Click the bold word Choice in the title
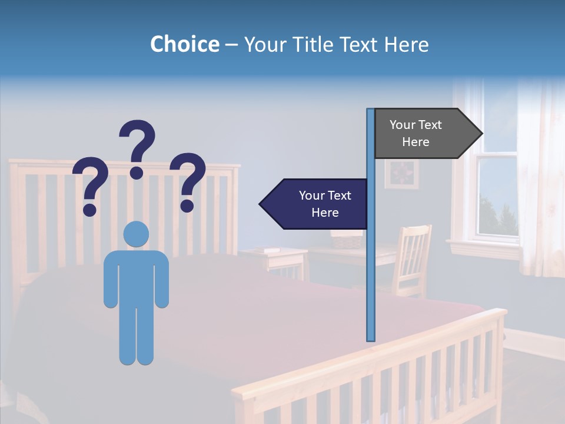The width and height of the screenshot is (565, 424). [x=184, y=44]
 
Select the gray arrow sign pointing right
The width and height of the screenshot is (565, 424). [x=424, y=134]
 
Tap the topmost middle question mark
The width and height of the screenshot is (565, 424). [x=137, y=147]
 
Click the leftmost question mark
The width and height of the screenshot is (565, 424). [x=89, y=184]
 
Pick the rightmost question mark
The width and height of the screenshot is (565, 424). [x=188, y=180]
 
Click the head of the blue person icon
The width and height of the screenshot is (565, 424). [x=136, y=234]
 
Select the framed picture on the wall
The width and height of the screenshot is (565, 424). [x=402, y=174]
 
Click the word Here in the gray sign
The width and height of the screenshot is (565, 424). [x=416, y=142]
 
